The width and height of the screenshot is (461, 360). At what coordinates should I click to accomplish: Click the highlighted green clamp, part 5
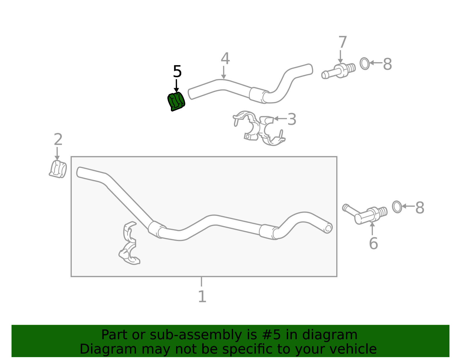coord(176,102)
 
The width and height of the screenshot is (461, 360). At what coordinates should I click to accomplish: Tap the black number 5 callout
coord(177,72)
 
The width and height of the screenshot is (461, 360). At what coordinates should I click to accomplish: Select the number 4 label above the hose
coord(225,59)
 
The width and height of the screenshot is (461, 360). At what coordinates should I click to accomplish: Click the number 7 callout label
coord(343,42)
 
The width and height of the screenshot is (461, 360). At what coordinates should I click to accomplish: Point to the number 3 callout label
coord(292,119)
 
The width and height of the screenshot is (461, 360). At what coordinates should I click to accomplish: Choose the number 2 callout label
coord(58,140)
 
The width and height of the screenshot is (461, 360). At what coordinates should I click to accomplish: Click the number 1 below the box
coord(202,297)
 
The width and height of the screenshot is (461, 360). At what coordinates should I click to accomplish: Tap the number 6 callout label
coord(373,243)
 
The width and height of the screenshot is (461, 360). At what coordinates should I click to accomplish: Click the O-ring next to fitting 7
coord(365,63)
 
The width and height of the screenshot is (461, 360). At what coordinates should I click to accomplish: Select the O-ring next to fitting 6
coord(397,207)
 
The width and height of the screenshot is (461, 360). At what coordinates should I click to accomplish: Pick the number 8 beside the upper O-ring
coord(388,64)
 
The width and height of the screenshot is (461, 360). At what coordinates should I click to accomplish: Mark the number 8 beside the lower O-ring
coord(420,208)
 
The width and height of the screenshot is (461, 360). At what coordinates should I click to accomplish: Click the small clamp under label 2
coord(58,169)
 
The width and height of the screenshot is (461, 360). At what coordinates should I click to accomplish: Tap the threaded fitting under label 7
coord(339,71)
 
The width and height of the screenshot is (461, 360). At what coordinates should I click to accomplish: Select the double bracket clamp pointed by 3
coord(259,128)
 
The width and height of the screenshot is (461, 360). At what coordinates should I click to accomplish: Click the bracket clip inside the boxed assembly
coord(129,243)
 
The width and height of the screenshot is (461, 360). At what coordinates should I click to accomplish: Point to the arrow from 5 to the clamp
coord(176,86)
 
